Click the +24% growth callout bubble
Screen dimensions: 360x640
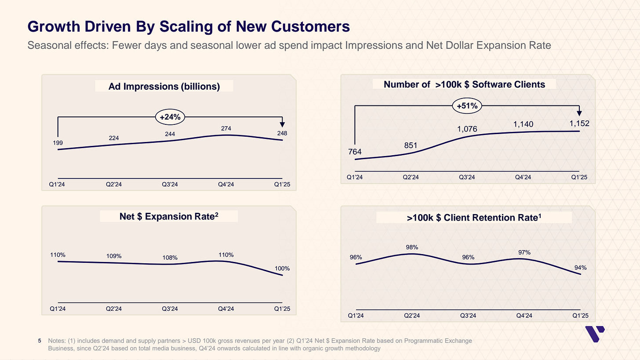[170, 117]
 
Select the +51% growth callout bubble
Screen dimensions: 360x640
[467, 105]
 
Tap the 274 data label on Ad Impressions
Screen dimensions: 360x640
[226, 128]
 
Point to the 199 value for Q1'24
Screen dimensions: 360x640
[58, 143]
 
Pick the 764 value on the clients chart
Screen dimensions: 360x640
[355, 152]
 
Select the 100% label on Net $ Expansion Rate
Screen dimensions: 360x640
[282, 268]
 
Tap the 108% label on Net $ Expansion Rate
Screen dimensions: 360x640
[170, 258]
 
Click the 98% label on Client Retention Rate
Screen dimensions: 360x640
[412, 247]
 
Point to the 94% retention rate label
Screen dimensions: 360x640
[580, 267]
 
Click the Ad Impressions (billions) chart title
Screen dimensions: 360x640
[164, 87]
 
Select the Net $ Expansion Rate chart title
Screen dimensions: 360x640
[169, 216]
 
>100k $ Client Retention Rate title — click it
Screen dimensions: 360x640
[474, 218]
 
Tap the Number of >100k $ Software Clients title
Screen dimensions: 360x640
[464, 84]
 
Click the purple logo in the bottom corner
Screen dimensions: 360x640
[595, 335]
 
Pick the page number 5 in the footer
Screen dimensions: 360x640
[40, 341]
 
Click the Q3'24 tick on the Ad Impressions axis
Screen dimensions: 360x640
[170, 185]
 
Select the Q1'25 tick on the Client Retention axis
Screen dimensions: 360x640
[580, 316]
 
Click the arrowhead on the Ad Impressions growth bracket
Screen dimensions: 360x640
[282, 124]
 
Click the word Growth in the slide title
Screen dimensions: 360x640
[51, 27]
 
